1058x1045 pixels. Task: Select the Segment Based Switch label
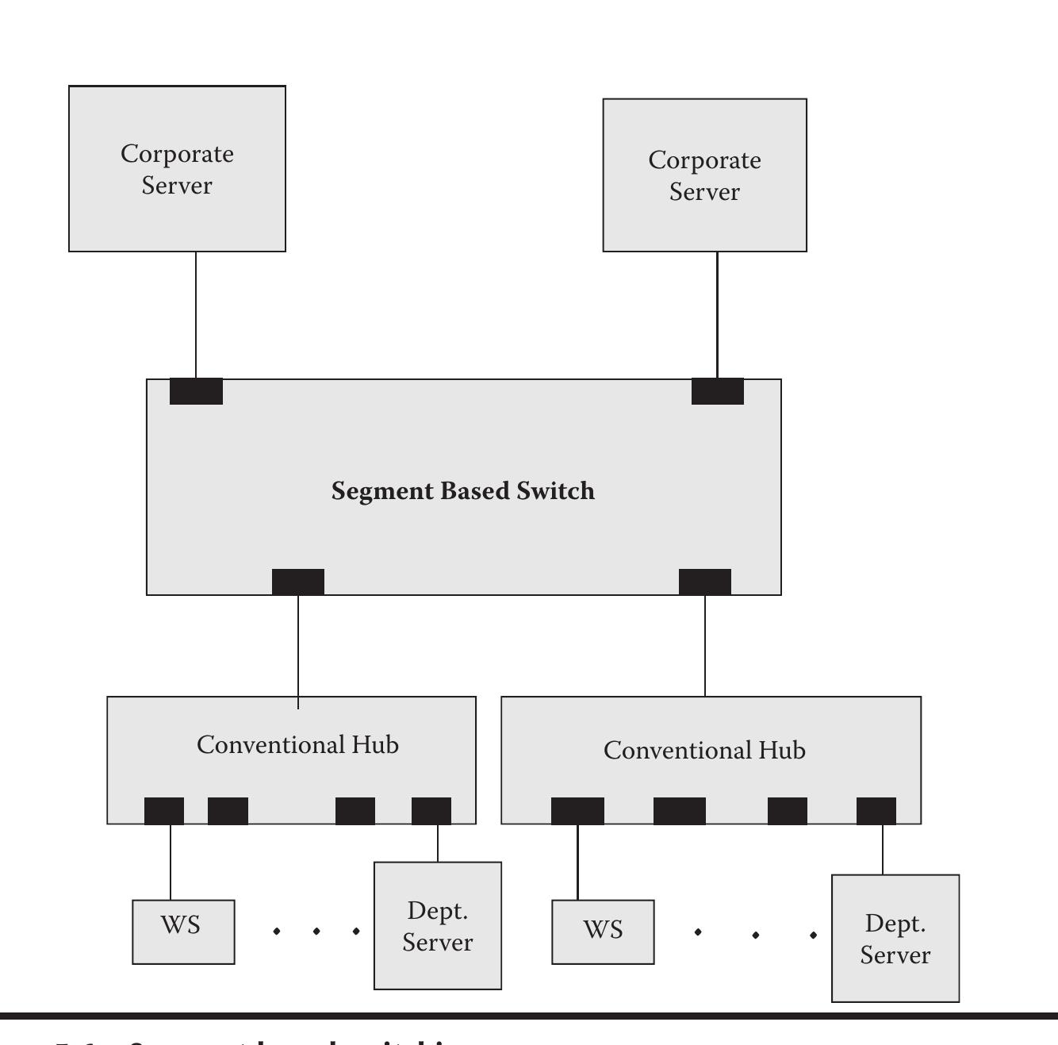pyautogui.click(x=463, y=491)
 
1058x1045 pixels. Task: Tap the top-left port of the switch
pyautogui.click(x=196, y=391)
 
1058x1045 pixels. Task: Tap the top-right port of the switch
pyautogui.click(x=717, y=391)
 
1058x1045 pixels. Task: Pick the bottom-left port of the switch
pyautogui.click(x=298, y=582)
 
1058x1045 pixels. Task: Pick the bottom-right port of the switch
pyautogui.click(x=705, y=582)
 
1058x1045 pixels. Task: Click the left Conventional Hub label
pyautogui.click(x=297, y=745)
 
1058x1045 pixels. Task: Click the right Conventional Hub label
pyautogui.click(x=704, y=751)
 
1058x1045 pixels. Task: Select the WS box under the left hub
pyautogui.click(x=183, y=932)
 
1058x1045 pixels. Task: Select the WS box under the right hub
pyautogui.click(x=603, y=932)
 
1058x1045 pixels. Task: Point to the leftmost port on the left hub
pyautogui.click(x=164, y=811)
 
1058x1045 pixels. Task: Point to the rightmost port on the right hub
pyautogui.click(x=876, y=811)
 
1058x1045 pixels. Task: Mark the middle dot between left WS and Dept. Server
pyautogui.click(x=316, y=931)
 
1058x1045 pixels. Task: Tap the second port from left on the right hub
pyautogui.click(x=679, y=811)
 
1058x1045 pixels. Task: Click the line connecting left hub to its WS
pyautogui.click(x=171, y=863)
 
